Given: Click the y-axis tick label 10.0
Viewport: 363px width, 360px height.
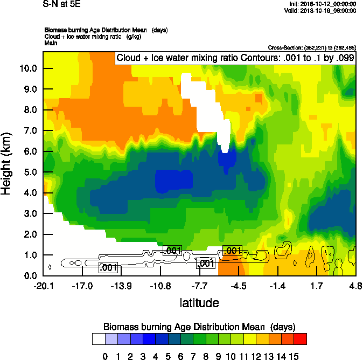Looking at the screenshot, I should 27,68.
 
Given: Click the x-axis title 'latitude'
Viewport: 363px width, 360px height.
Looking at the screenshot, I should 199,303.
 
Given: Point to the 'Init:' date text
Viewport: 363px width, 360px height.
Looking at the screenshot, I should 322,4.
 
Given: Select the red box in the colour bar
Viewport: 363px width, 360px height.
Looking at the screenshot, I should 301,338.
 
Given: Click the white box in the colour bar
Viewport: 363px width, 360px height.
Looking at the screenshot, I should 98,338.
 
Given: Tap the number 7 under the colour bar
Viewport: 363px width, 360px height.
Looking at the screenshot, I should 193,356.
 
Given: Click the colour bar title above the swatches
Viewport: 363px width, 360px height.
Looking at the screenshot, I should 199,327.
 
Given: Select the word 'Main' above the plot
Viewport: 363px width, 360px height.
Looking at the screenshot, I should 51,43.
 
